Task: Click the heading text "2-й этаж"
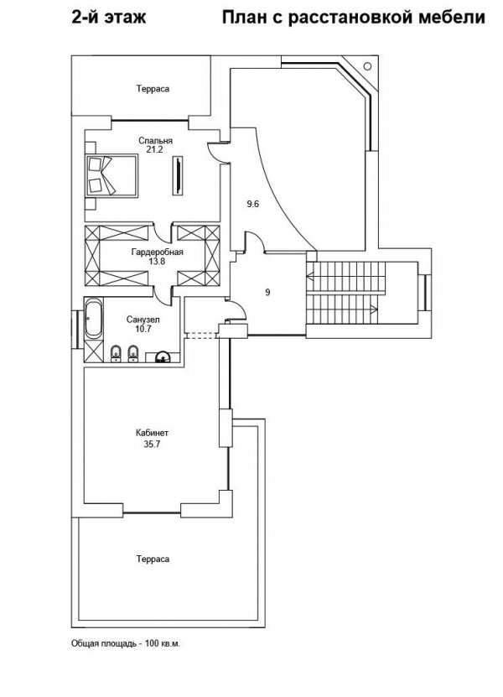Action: coord(108,18)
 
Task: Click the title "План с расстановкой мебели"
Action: coord(353,18)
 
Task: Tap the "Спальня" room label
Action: coord(156,140)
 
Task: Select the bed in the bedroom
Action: coord(111,175)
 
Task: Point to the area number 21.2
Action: coord(155,150)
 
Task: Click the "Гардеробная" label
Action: coord(158,252)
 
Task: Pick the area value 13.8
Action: coord(157,262)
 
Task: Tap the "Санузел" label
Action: coord(143,320)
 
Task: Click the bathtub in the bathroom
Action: coord(94,317)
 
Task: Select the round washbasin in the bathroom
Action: coord(163,357)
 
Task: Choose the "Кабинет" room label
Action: coord(152,433)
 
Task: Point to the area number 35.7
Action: coord(152,444)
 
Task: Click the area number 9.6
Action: coord(253,204)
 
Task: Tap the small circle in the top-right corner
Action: coord(367,66)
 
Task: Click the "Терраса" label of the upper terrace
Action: coord(153,89)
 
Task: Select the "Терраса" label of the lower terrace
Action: coord(153,559)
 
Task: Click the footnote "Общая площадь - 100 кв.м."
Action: coord(126,643)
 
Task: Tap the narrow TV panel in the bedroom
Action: coord(177,175)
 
